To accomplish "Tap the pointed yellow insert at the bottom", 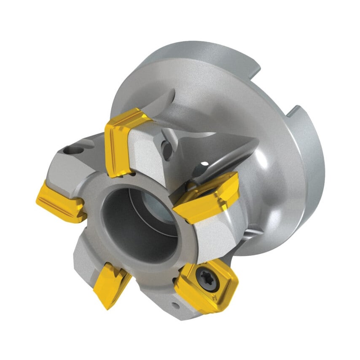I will click(x=110, y=283).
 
